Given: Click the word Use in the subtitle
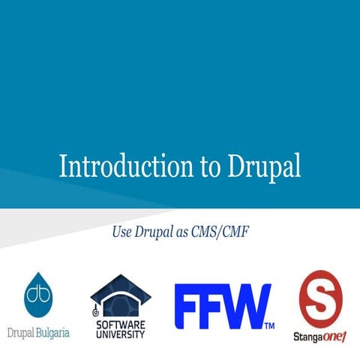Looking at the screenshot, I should coord(121,232).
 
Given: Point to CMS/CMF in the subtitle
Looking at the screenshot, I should coord(221,232).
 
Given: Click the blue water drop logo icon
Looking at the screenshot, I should coord(38,296).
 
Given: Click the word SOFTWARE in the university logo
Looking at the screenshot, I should coord(120,324).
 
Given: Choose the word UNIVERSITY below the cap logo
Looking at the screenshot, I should coord(120,334).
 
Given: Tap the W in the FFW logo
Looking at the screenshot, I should coord(247,306).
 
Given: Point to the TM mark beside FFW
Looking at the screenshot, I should coord(269,325).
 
